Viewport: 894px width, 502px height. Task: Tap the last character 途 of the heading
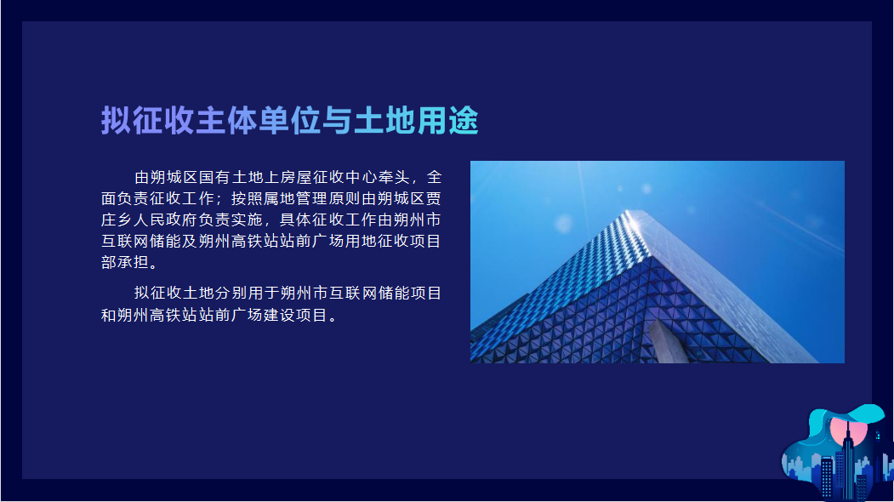tap(463, 120)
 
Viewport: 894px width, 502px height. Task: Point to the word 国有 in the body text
tap(214, 178)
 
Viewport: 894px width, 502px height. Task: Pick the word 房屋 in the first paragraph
tap(296, 178)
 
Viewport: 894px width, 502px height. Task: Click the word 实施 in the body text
tap(247, 220)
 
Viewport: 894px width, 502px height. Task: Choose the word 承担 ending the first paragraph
tap(133, 262)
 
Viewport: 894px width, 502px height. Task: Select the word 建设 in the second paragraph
tap(279, 315)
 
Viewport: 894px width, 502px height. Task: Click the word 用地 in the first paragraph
tap(361, 241)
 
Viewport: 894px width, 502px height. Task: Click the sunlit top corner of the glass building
tap(632, 219)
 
